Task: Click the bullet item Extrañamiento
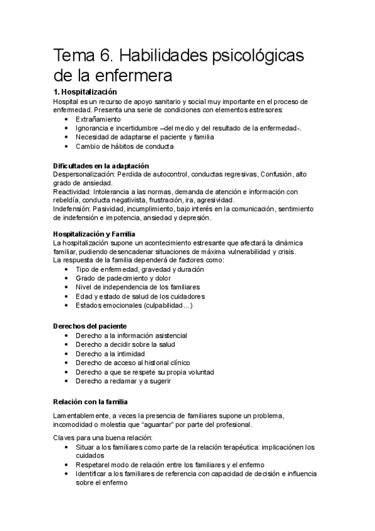point(98,119)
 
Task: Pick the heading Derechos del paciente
point(90,326)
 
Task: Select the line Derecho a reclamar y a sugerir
point(123,381)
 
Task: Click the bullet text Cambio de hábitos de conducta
point(125,147)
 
